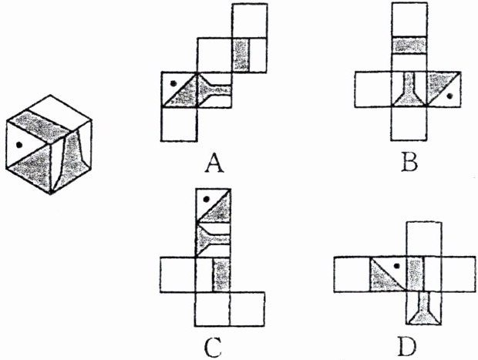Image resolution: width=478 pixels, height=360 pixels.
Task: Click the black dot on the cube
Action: point(17,143)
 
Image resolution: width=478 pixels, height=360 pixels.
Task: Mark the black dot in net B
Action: point(449,97)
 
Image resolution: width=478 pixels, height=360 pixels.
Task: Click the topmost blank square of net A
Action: point(250,19)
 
